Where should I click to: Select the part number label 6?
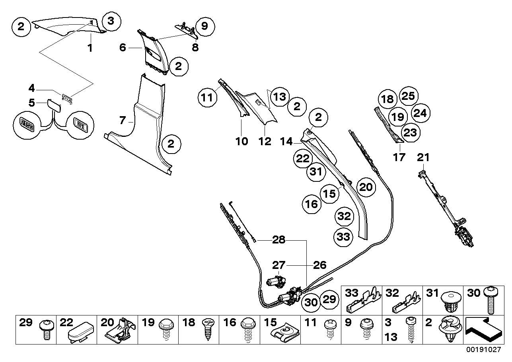click(123, 48)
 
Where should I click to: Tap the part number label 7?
click(123, 120)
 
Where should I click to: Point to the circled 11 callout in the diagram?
click(206, 97)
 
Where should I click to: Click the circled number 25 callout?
click(408, 96)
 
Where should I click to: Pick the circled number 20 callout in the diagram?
click(366, 187)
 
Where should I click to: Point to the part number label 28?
click(278, 240)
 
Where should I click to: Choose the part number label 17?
click(399, 157)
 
